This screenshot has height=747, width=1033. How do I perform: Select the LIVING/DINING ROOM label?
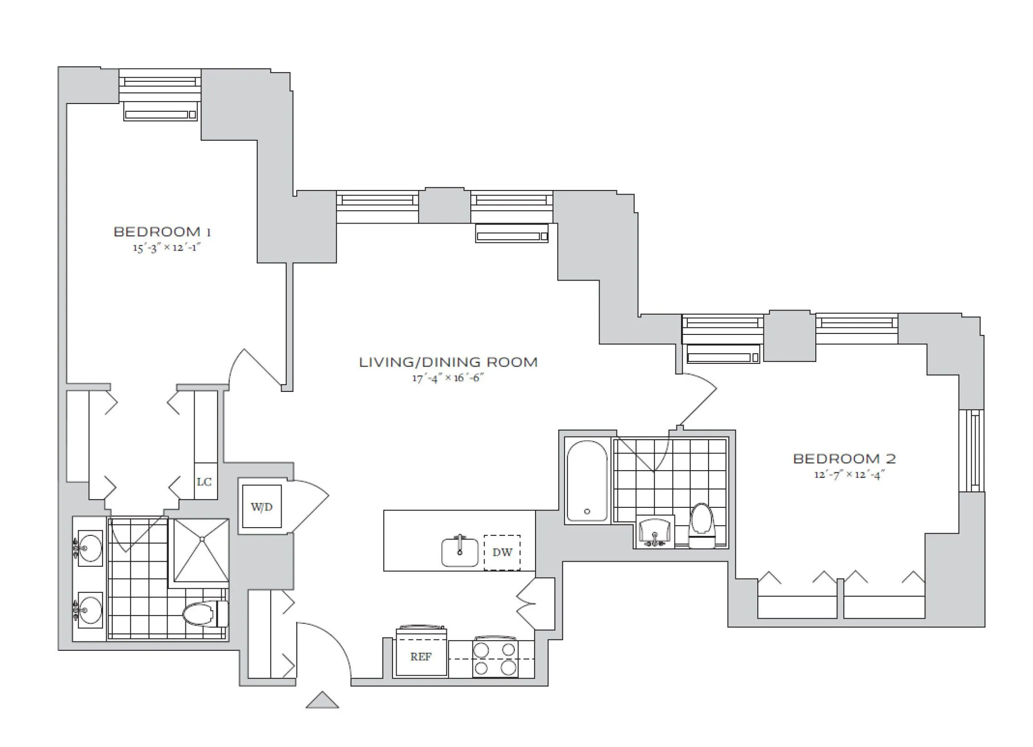[x=448, y=362]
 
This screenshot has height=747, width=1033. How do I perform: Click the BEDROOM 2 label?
[x=844, y=459]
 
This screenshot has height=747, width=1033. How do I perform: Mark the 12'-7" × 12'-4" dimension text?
[x=849, y=475]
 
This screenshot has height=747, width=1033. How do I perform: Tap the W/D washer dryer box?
[x=262, y=506]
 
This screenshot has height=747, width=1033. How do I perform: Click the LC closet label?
[x=204, y=482]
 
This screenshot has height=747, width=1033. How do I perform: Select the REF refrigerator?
[x=421, y=656]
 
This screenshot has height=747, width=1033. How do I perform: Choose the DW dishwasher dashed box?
[x=502, y=552]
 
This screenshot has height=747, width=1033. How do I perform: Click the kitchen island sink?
[x=460, y=552]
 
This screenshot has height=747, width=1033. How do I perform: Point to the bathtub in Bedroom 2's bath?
[x=586, y=481]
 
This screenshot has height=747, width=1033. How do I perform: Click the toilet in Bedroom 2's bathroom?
[x=702, y=524]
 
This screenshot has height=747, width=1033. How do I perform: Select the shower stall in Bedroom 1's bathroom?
[x=201, y=550]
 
